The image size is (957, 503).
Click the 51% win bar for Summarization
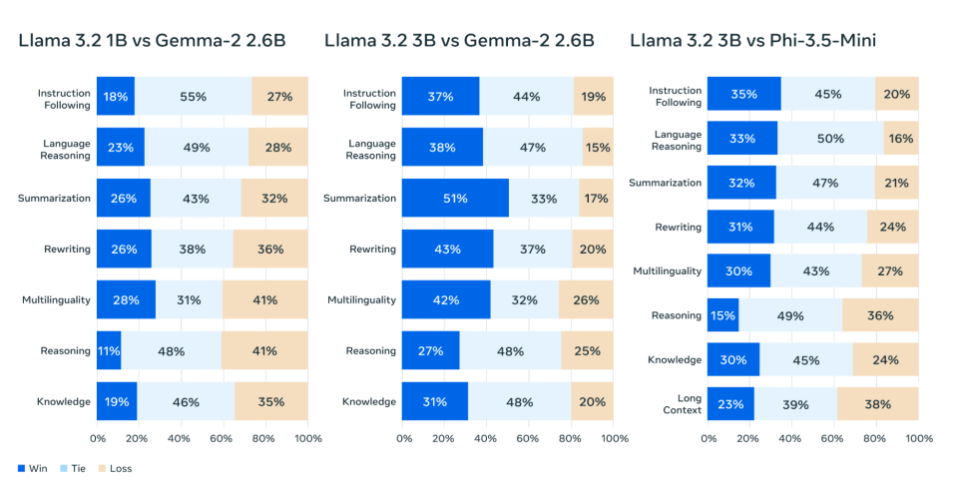pyautogui.click(x=455, y=199)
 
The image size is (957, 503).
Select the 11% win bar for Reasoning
pyautogui.click(x=110, y=351)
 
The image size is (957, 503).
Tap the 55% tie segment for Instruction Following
pyautogui.click(x=193, y=97)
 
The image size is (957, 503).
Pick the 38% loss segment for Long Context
pyautogui.click(x=877, y=404)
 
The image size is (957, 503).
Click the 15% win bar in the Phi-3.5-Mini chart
pyautogui.click(x=723, y=315)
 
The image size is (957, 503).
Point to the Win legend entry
pyautogui.click(x=33, y=468)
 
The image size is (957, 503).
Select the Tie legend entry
pyautogui.click(x=75, y=468)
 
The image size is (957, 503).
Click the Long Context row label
pyautogui.click(x=683, y=404)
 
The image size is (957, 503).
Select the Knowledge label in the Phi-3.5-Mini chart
pyautogui.click(x=675, y=360)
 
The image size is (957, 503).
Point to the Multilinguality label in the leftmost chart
pyautogui.click(x=56, y=300)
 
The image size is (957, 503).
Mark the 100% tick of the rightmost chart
pyautogui.click(x=918, y=438)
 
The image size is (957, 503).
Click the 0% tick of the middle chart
pyautogui.click(x=403, y=438)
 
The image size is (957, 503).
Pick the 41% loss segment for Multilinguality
pyautogui.click(x=265, y=300)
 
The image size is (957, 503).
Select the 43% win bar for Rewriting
pyautogui.click(x=448, y=250)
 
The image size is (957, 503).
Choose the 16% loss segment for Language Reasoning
pyautogui.click(x=901, y=139)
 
